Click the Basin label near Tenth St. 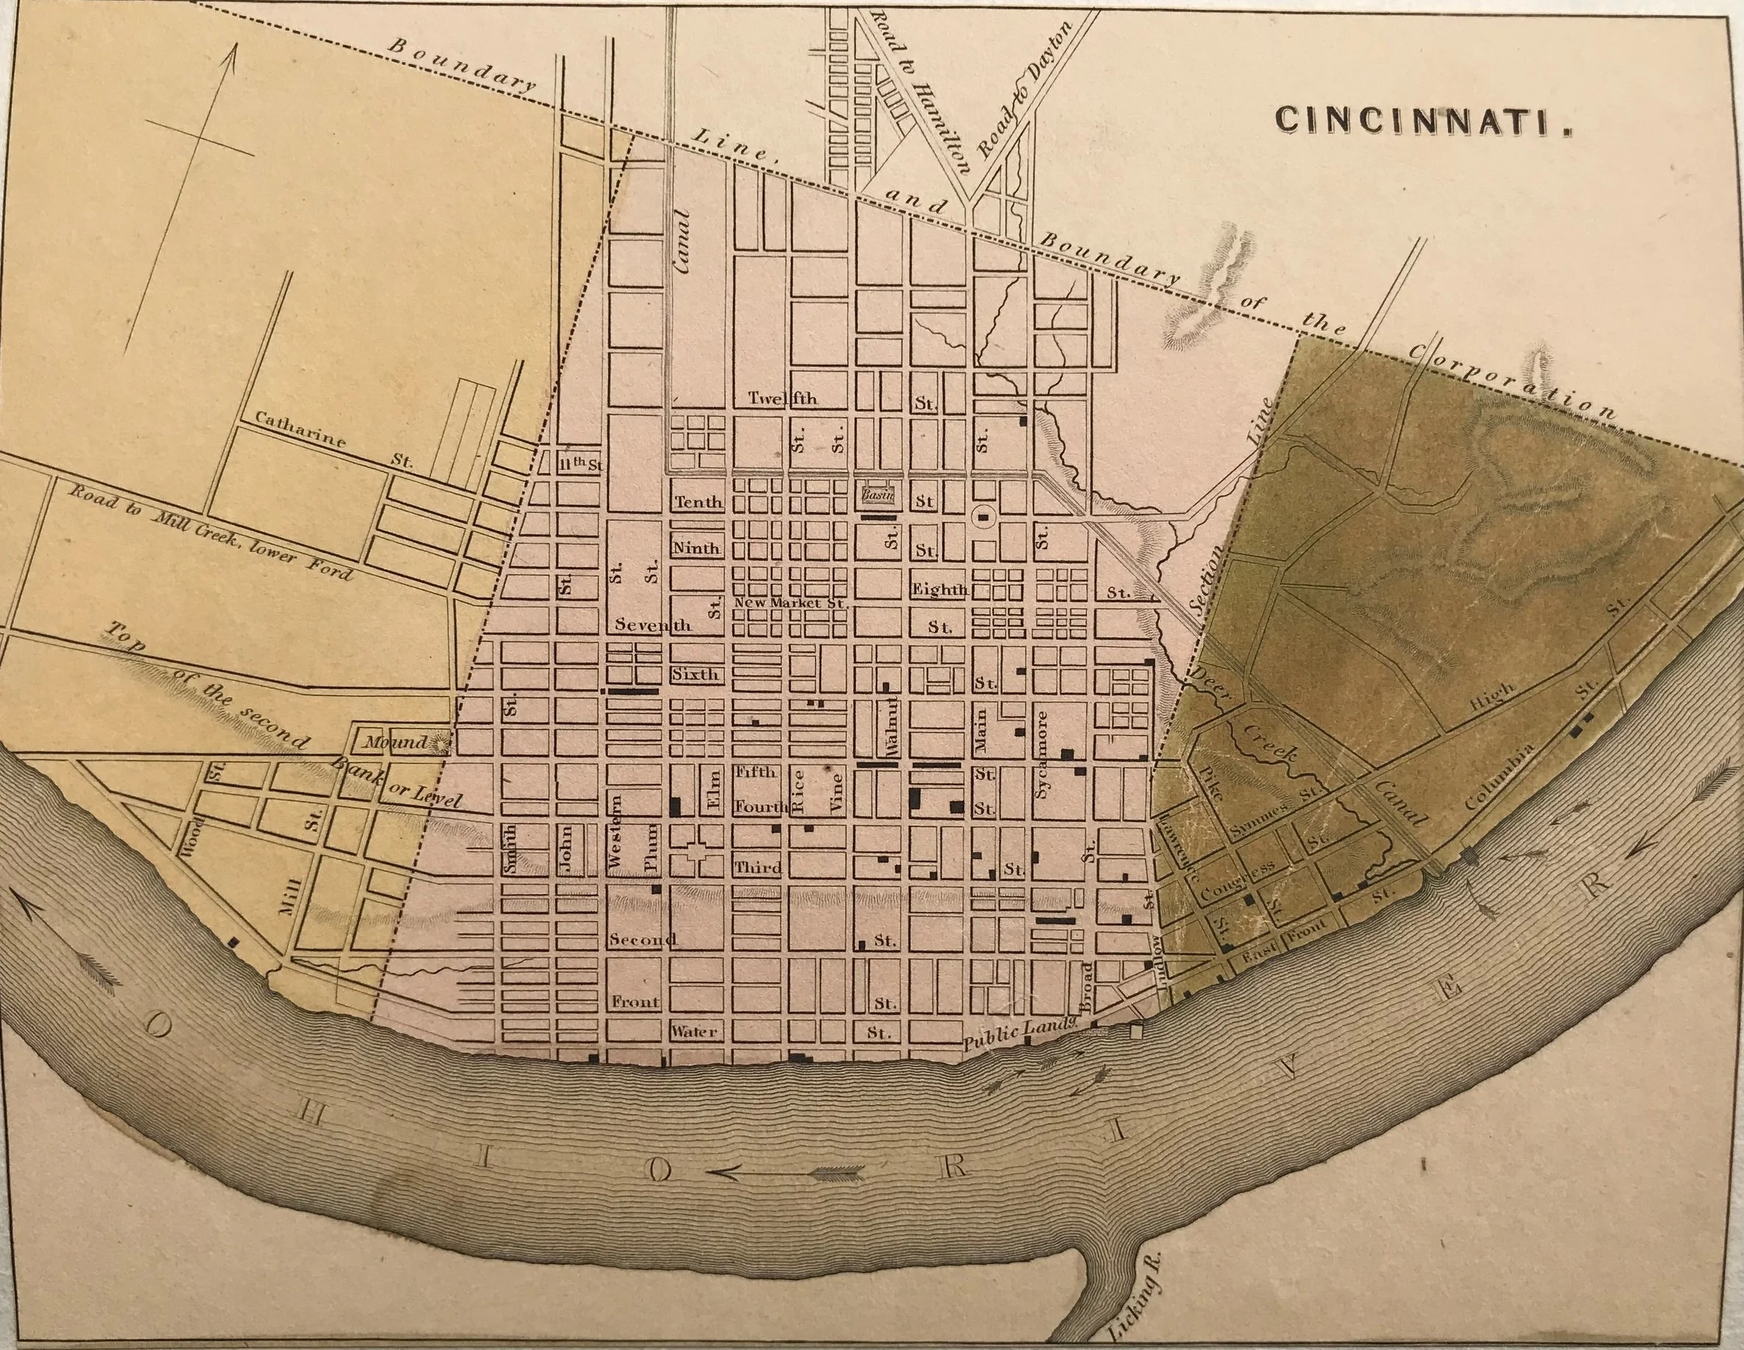(879, 495)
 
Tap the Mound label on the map (396, 742)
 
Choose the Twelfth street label (783, 398)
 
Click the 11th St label (578, 463)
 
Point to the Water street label (694, 1031)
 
